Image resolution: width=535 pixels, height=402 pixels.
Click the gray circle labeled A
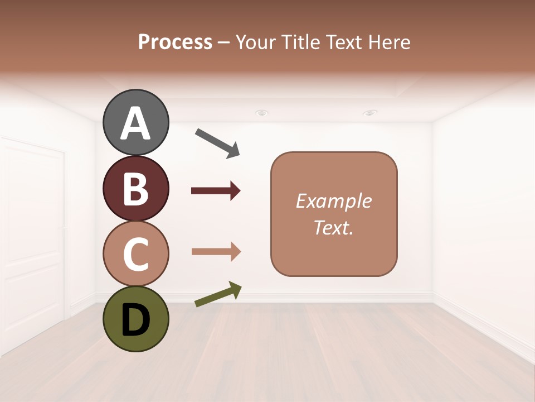tap(135, 122)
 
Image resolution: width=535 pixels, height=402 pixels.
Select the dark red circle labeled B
tap(135, 188)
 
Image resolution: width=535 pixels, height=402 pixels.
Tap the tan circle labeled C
tap(135, 254)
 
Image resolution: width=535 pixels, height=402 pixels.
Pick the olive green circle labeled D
tap(135, 319)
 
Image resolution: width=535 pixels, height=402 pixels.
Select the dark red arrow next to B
tap(216, 191)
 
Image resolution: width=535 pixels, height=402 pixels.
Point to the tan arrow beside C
tap(216, 252)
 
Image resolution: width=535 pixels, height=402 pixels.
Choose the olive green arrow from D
tap(218, 295)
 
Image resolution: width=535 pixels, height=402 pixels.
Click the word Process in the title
tap(175, 42)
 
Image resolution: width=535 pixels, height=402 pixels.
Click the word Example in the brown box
tap(333, 201)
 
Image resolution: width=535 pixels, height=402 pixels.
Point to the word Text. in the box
tap(333, 227)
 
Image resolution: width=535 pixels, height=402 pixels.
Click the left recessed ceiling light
tap(261, 113)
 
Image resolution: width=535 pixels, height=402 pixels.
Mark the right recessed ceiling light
tap(369, 113)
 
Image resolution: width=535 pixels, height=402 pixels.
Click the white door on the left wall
tap(33, 234)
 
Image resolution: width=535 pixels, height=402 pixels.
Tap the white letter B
tap(135, 189)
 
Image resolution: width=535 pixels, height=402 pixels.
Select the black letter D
tap(135, 320)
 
